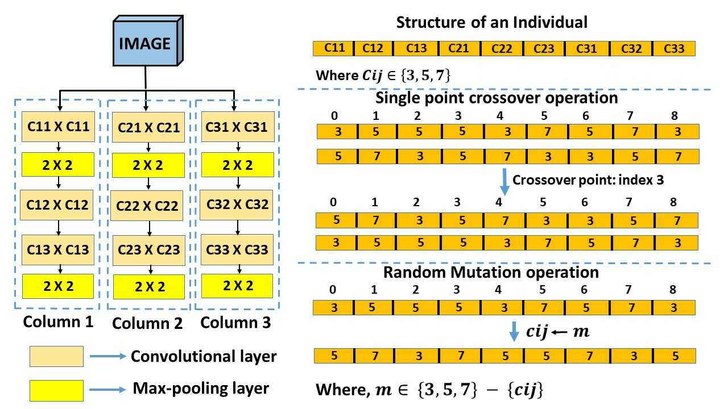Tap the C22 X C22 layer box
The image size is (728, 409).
148,206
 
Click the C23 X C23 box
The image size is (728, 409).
148,249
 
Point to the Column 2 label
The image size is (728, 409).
147,323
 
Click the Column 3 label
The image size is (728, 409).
236,323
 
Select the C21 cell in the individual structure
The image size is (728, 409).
459,48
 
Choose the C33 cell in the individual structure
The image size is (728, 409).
674,48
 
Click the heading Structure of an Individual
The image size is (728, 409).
491,23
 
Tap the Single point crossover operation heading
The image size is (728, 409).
497,98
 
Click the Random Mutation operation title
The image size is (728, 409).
491,272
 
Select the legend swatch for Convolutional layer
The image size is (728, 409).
56,357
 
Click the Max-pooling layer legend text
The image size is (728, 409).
201,389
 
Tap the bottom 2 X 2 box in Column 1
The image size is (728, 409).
57,286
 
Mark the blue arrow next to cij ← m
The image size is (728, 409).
514,331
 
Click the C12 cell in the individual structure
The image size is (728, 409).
373,48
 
